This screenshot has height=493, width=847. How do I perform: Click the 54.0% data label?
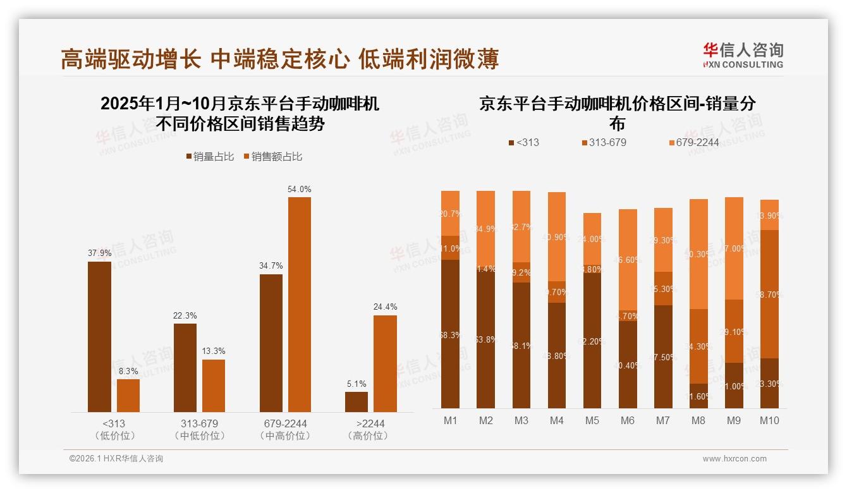pyautogui.click(x=300, y=189)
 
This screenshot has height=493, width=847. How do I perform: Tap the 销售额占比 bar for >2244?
pyautogui.click(x=385, y=363)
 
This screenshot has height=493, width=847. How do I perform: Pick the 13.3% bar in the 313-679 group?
pyautogui.click(x=214, y=386)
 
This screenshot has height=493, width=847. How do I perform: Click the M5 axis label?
pyautogui.click(x=592, y=421)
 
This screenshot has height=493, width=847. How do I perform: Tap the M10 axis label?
pyautogui.click(x=769, y=421)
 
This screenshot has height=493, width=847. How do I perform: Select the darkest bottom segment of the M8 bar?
pyautogui.click(x=698, y=396)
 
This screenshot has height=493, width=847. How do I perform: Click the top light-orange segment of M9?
pyautogui.click(x=733, y=248)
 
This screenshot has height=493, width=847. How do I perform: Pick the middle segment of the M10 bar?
pyautogui.click(x=769, y=294)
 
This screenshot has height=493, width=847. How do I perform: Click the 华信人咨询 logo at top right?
pyautogui.click(x=743, y=55)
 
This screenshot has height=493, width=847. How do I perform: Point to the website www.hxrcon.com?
pyautogui.click(x=734, y=459)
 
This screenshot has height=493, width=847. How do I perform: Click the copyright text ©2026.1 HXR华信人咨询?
pyautogui.click(x=116, y=459)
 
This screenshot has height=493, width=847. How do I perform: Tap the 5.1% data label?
pyautogui.click(x=356, y=384)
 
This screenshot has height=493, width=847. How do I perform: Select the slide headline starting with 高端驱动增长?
pyautogui.click(x=280, y=59)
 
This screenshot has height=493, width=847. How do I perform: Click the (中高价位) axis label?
pyautogui.click(x=285, y=435)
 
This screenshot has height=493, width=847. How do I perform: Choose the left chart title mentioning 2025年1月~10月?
pyautogui.click(x=240, y=113)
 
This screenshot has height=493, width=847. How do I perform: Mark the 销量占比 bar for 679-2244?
pyautogui.click(x=271, y=343)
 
